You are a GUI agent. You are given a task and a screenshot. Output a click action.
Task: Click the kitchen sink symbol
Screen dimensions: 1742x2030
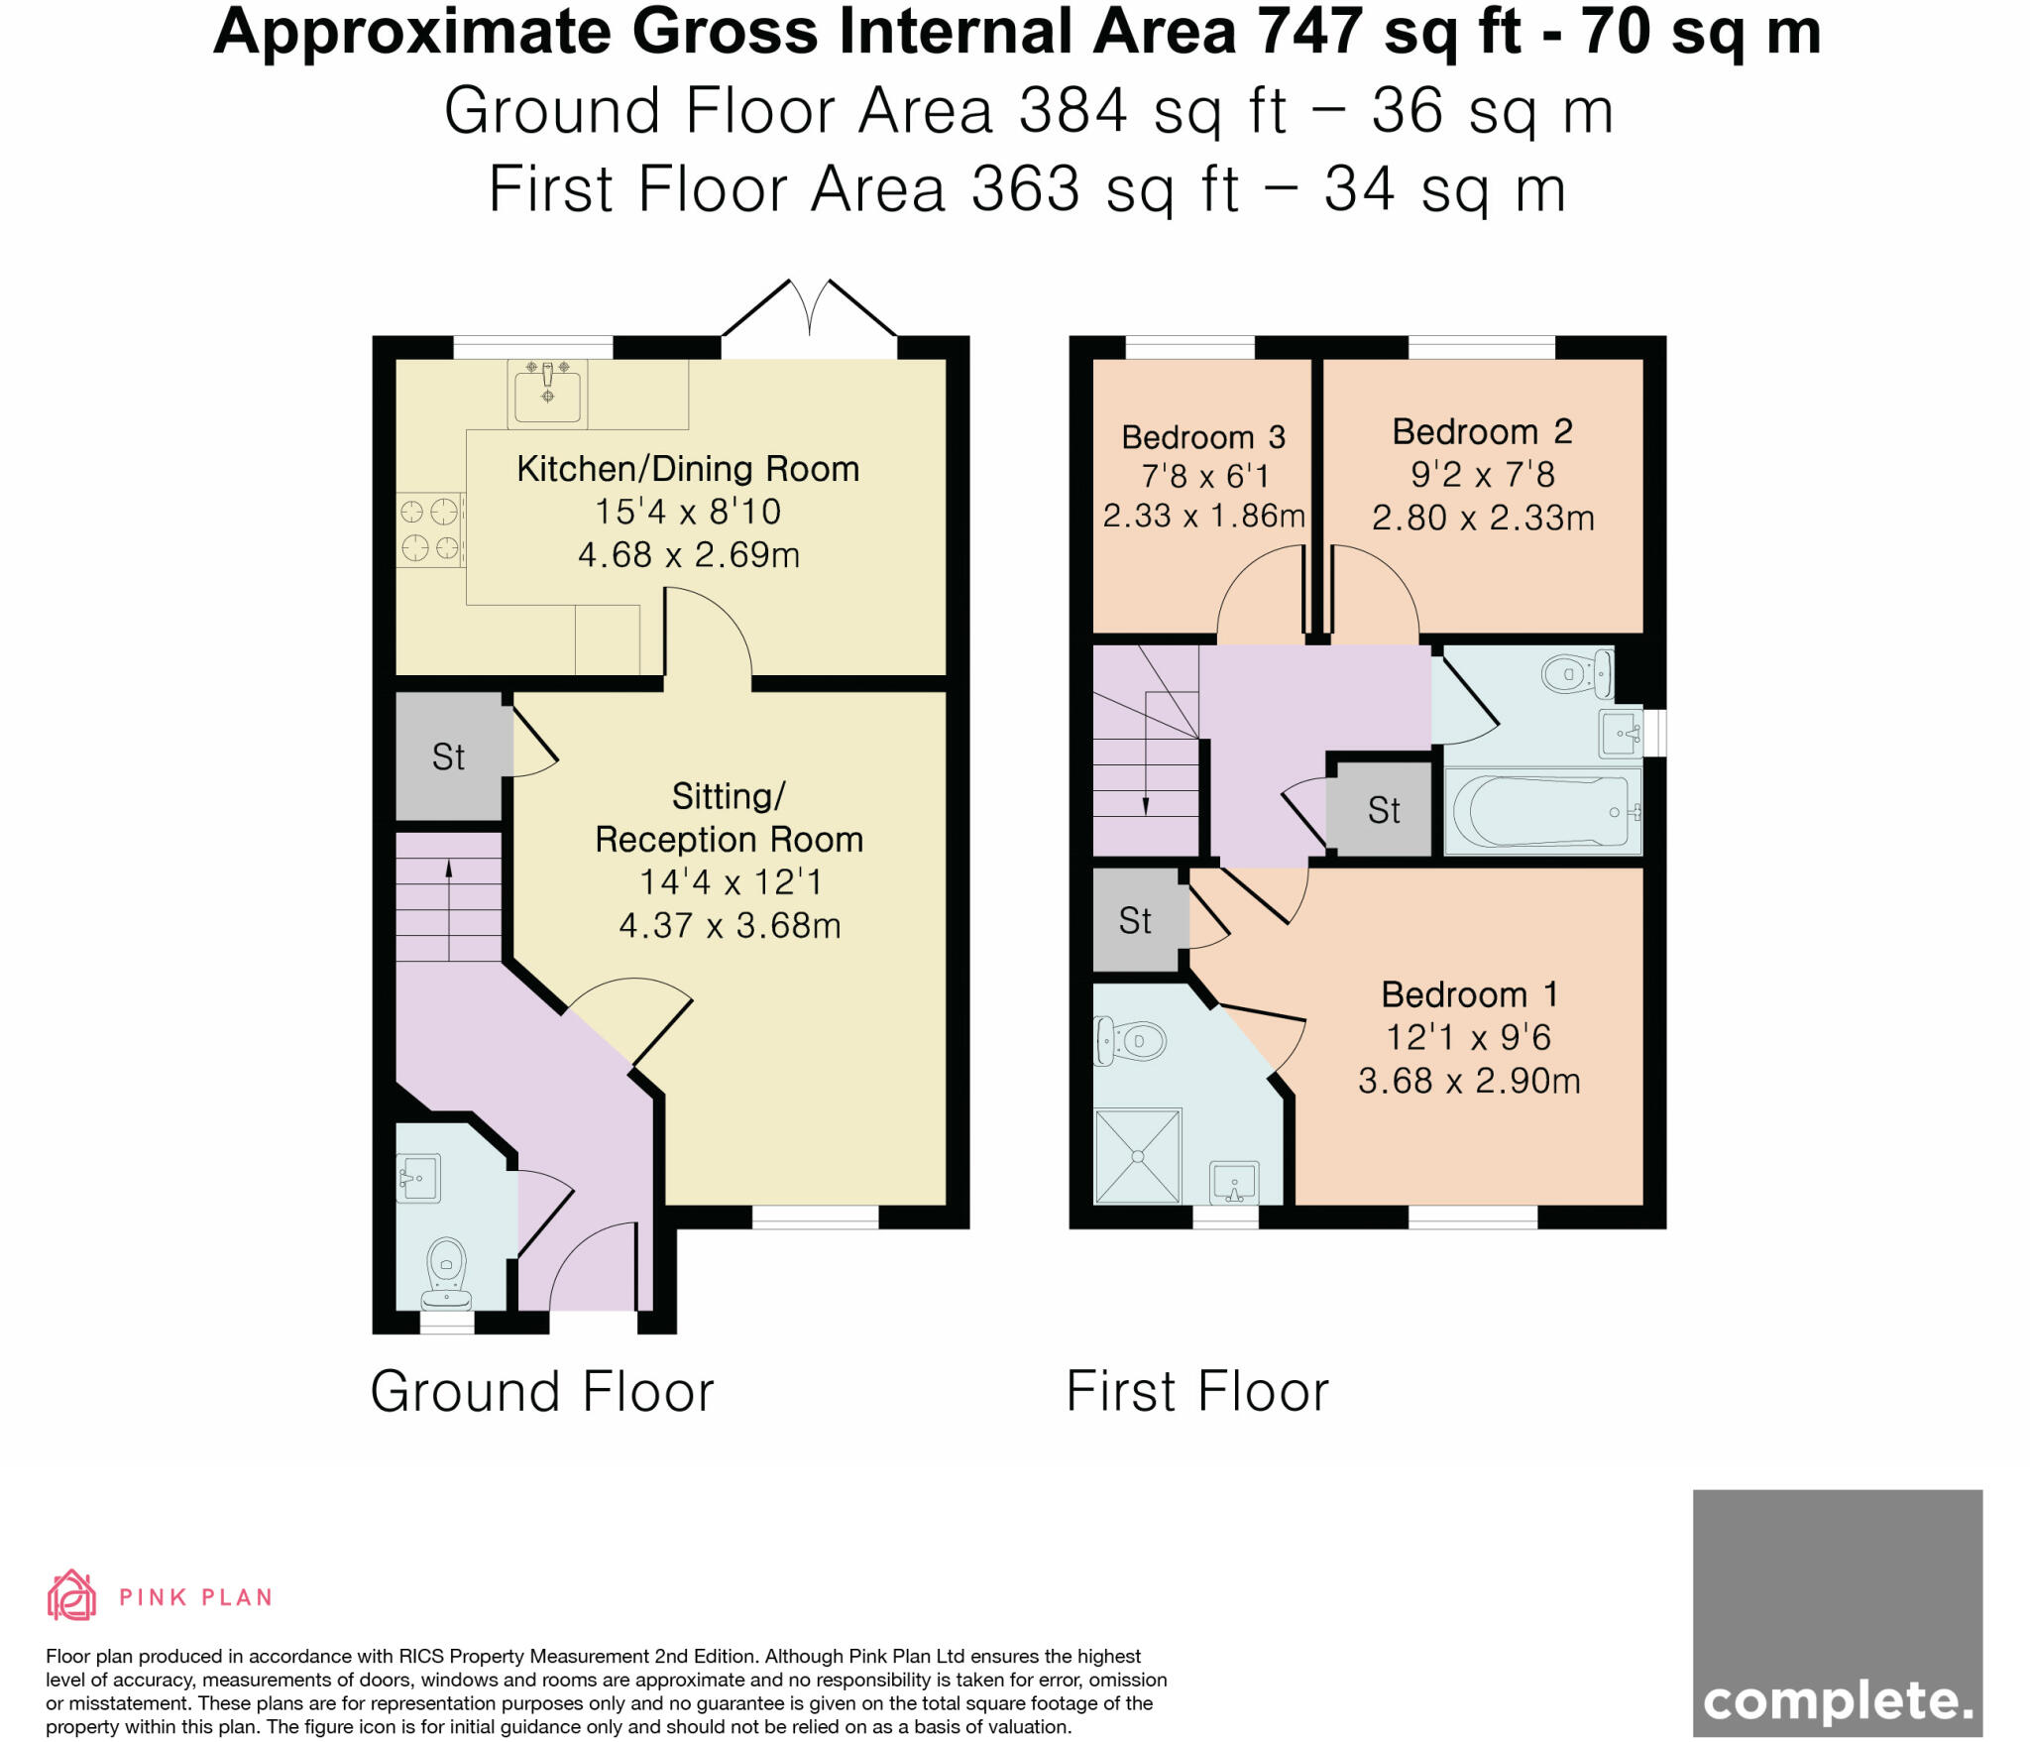(547, 393)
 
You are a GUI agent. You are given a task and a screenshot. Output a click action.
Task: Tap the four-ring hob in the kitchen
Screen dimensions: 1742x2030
(430, 529)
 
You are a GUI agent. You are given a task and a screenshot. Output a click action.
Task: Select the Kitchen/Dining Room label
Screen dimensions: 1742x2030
(688, 469)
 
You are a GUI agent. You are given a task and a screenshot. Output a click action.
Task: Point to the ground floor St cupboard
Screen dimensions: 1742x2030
(448, 757)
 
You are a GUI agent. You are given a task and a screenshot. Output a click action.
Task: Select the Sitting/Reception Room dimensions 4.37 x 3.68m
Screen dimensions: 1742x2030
(730, 926)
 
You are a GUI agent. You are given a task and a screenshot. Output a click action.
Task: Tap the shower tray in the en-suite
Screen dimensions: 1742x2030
(1138, 1156)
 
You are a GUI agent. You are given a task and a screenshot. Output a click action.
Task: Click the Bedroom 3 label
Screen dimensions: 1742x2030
(1203, 437)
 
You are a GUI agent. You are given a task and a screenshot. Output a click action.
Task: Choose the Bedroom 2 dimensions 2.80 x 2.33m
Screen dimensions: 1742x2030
(1483, 518)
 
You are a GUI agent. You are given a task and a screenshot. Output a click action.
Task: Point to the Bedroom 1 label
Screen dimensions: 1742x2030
(1469, 994)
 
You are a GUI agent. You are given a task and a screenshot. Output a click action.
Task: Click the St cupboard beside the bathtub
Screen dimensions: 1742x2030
(1384, 811)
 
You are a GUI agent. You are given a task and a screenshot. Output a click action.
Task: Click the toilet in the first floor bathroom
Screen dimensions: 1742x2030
(1576, 674)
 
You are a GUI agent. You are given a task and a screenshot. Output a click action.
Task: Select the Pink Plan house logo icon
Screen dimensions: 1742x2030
(71, 1595)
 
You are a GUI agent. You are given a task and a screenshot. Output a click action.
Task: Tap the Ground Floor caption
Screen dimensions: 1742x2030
(542, 1392)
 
